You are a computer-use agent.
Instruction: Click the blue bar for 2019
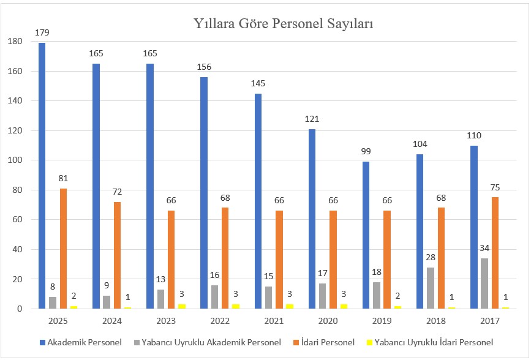pyautogui.click(x=365, y=235)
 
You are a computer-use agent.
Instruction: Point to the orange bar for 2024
pyautogui.click(x=117, y=255)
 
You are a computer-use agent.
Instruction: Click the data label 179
pyautogui.click(x=42, y=32)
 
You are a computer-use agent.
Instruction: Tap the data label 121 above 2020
pyautogui.click(x=311, y=119)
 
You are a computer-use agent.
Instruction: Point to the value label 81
pyautogui.click(x=64, y=178)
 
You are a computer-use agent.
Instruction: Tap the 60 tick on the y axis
pyautogui.click(x=17, y=220)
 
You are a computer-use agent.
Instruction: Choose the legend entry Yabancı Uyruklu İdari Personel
pyautogui.click(x=435, y=342)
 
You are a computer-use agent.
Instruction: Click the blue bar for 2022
pyautogui.click(x=203, y=193)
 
